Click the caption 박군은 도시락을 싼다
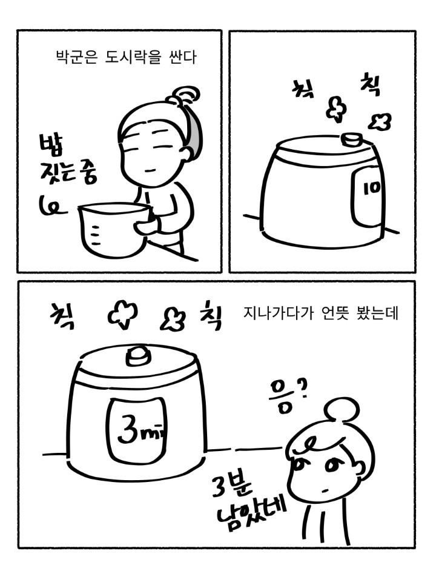coord(126,58)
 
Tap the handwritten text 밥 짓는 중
coord(67,162)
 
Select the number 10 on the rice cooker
coord(372,188)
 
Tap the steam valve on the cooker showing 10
coord(351,140)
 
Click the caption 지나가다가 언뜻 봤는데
coord(321,313)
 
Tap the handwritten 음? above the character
coord(289,396)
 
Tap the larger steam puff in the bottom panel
coord(124,315)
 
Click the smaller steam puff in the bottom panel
coord(171,320)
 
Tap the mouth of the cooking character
coord(151,171)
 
